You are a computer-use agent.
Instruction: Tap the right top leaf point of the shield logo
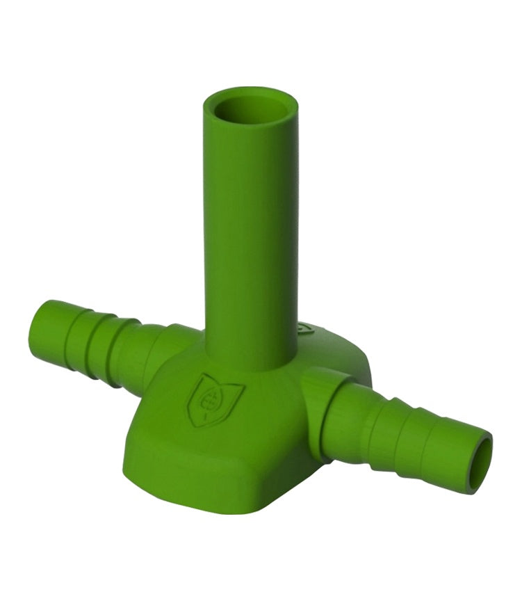coord(241,382)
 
